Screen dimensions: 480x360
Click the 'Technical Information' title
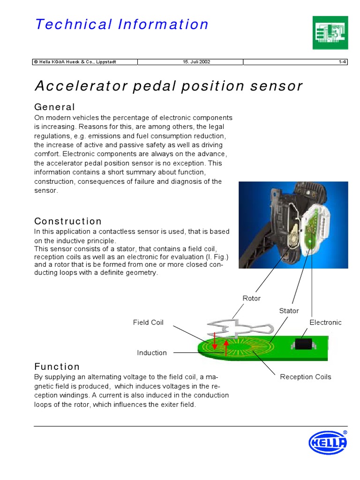122,24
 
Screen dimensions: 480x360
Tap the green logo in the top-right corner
330,32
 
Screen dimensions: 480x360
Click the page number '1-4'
342,62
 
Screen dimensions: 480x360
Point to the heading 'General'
55,107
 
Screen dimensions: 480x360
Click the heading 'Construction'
68,221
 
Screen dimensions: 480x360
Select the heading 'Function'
57,367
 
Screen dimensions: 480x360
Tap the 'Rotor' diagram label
251,299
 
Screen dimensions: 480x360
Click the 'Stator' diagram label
289,311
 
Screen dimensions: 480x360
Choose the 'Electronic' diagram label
325,322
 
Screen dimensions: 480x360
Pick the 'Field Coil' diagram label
148,322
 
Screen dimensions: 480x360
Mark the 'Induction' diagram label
152,353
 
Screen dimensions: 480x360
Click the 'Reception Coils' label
305,377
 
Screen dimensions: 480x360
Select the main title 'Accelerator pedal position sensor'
169,86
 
